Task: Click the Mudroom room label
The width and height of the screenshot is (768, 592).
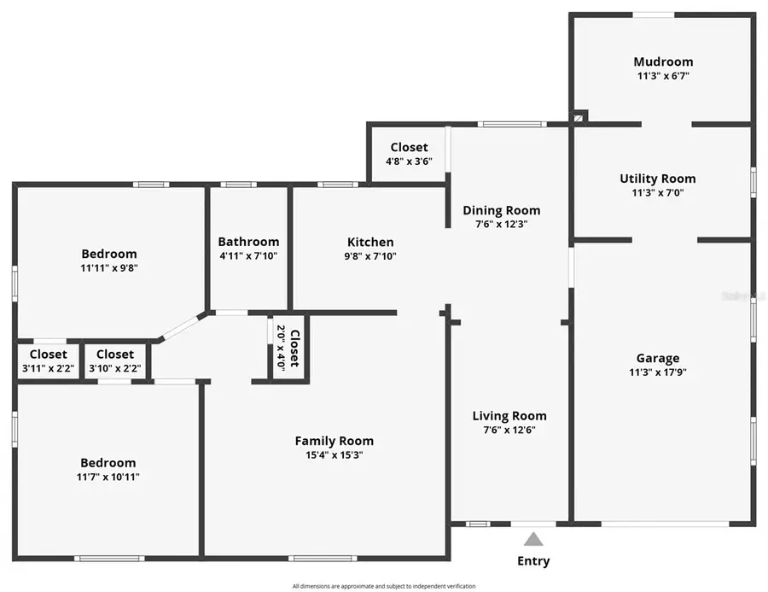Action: point(663,62)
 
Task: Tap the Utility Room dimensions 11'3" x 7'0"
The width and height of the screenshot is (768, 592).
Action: point(657,193)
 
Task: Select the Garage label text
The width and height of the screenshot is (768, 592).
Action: point(658,358)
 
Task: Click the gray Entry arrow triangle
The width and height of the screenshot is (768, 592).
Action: point(533,539)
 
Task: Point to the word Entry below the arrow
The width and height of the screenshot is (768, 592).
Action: point(533,561)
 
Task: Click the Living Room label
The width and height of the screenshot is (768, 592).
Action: point(509,416)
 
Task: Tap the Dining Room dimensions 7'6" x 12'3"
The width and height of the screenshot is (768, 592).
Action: point(502,225)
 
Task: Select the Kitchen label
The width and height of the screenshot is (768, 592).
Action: point(370,242)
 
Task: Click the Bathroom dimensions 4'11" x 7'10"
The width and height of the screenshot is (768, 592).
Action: point(248,255)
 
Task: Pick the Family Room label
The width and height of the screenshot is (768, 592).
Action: point(335,441)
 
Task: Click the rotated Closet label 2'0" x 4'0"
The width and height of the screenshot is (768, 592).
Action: point(288,349)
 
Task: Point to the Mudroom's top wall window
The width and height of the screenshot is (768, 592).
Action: point(654,15)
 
